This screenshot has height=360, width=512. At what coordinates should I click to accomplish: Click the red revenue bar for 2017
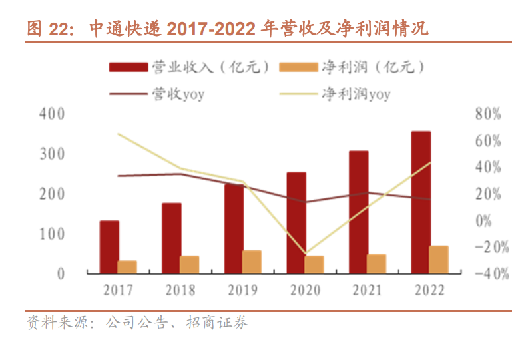109,247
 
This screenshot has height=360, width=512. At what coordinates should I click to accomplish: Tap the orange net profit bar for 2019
252,262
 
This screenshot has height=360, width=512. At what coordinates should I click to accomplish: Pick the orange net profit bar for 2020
314,264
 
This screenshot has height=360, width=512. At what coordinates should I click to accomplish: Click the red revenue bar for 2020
296,223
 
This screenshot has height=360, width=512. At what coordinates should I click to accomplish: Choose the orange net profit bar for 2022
439,259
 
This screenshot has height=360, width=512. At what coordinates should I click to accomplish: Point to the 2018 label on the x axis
180,290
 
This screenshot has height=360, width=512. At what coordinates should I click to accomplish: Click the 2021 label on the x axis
367,290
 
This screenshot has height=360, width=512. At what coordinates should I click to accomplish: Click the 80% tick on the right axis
487,114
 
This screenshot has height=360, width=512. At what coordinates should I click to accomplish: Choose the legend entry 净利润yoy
356,94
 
